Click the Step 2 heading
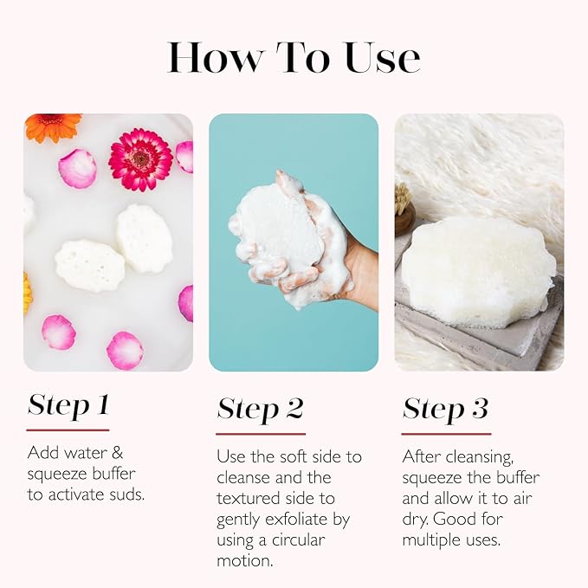click(259, 409)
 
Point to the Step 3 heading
click(445, 409)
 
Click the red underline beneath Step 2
click(260, 433)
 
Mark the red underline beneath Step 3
click(446, 433)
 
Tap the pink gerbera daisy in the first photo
click(139, 159)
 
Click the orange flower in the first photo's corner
click(51, 126)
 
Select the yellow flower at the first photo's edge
click(27, 292)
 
